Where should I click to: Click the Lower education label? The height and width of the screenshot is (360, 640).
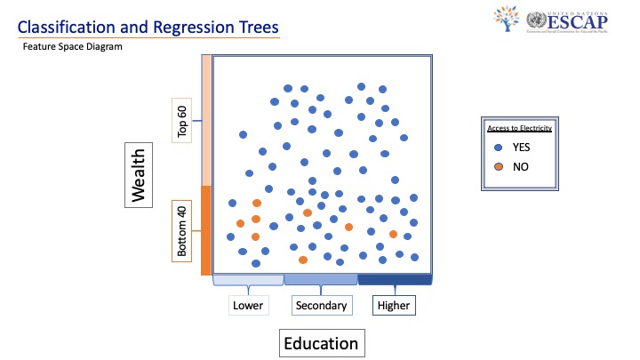click(x=248, y=306)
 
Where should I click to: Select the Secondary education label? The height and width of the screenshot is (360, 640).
click(x=321, y=306)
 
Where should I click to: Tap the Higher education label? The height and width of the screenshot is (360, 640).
click(x=394, y=306)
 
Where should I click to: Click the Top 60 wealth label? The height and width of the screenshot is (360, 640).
click(x=182, y=122)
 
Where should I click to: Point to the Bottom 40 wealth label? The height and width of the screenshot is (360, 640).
click(x=182, y=231)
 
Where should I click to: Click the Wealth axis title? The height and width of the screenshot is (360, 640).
click(x=137, y=177)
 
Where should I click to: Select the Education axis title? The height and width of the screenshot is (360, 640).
click(x=321, y=343)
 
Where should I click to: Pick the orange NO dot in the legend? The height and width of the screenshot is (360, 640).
click(x=499, y=167)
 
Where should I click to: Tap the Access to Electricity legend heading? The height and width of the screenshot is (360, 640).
click(x=518, y=128)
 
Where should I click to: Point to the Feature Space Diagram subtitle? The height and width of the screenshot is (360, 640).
click(x=72, y=47)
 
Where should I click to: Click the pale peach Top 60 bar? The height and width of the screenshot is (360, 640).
click(x=205, y=120)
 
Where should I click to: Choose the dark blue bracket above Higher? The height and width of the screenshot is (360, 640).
click(x=394, y=279)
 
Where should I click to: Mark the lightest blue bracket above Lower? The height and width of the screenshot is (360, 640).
click(x=248, y=279)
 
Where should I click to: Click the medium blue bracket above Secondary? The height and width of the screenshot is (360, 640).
click(x=321, y=279)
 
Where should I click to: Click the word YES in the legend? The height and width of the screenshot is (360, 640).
click(x=521, y=148)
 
